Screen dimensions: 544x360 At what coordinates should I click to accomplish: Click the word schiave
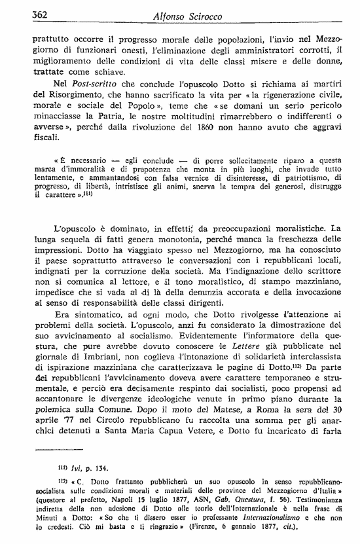click(103, 73)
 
